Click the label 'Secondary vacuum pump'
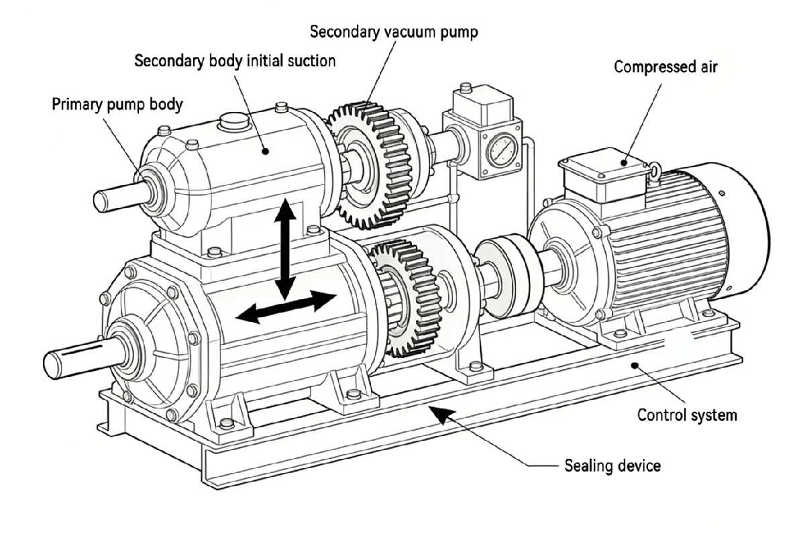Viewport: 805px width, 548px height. pyautogui.click(x=394, y=32)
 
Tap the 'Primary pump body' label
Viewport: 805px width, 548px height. pyautogui.click(x=117, y=105)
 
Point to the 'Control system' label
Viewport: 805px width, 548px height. pyautogui.click(x=687, y=415)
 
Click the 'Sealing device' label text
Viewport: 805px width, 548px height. pyautogui.click(x=610, y=465)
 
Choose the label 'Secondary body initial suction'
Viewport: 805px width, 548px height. pyautogui.click(x=235, y=61)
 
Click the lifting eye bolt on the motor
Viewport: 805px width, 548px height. pyautogui.click(x=654, y=173)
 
